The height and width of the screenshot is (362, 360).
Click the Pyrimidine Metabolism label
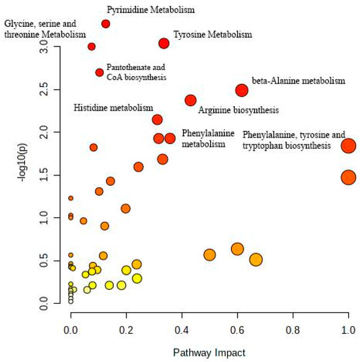(151, 10)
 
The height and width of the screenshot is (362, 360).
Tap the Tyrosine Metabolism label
(212, 34)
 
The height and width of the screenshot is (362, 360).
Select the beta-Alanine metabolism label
(298, 81)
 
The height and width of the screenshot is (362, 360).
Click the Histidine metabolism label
(113, 107)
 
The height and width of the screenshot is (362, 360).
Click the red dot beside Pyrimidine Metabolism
(105, 24)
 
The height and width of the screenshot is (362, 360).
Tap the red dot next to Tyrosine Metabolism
(164, 43)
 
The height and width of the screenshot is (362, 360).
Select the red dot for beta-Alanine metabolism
(242, 90)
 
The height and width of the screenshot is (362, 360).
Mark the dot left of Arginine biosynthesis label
(190, 100)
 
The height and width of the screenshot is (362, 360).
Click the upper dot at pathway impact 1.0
(348, 146)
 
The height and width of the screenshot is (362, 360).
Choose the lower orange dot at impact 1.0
(348, 177)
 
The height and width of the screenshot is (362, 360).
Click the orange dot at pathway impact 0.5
(209, 255)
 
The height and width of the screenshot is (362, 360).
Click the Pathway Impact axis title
(209, 352)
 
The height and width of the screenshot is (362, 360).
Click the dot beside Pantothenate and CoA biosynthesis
(99, 73)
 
